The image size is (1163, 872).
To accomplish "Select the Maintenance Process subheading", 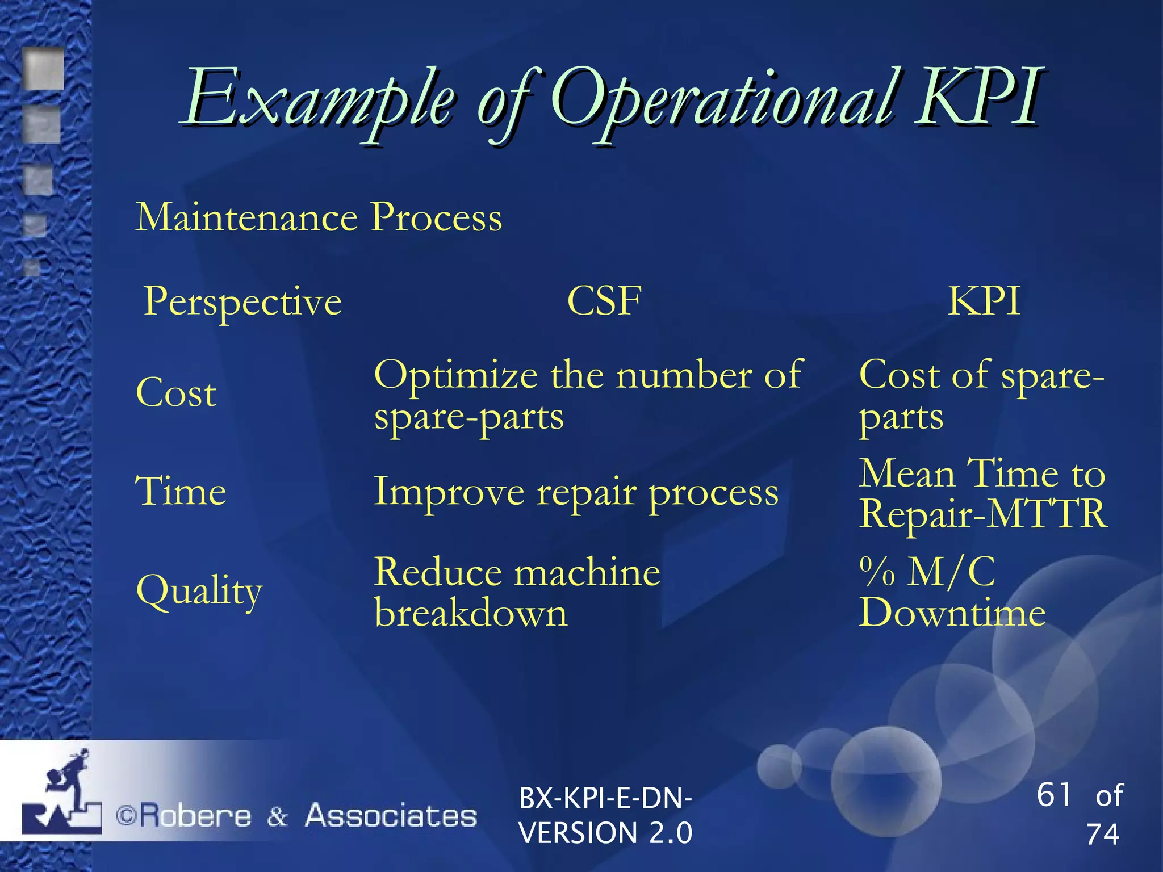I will tap(319, 217).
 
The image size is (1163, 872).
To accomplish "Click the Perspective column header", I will tap(243, 301).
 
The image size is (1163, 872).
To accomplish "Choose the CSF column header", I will tap(604, 301).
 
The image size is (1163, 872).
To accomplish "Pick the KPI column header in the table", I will tap(984, 301).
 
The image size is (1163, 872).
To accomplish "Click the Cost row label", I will tap(176, 393).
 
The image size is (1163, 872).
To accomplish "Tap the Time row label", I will tap(181, 492).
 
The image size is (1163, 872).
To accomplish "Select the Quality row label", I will tap(199, 591).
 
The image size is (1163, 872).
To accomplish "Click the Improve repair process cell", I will tap(576, 492).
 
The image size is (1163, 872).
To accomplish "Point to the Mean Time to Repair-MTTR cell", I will tap(982, 493).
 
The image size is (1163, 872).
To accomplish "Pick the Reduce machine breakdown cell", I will tap(517, 592).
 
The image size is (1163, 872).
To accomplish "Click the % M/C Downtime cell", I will tap(952, 592).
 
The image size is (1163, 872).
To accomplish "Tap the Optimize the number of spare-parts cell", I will tap(587, 395).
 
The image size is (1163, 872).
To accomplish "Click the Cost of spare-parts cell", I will tap(981, 395).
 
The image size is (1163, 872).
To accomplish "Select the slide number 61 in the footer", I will tap(1054, 794).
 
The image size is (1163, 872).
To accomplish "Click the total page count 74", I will tap(1102, 835).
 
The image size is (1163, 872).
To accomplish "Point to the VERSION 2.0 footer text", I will tap(605, 833).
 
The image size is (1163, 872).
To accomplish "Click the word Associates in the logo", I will tap(391, 816).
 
